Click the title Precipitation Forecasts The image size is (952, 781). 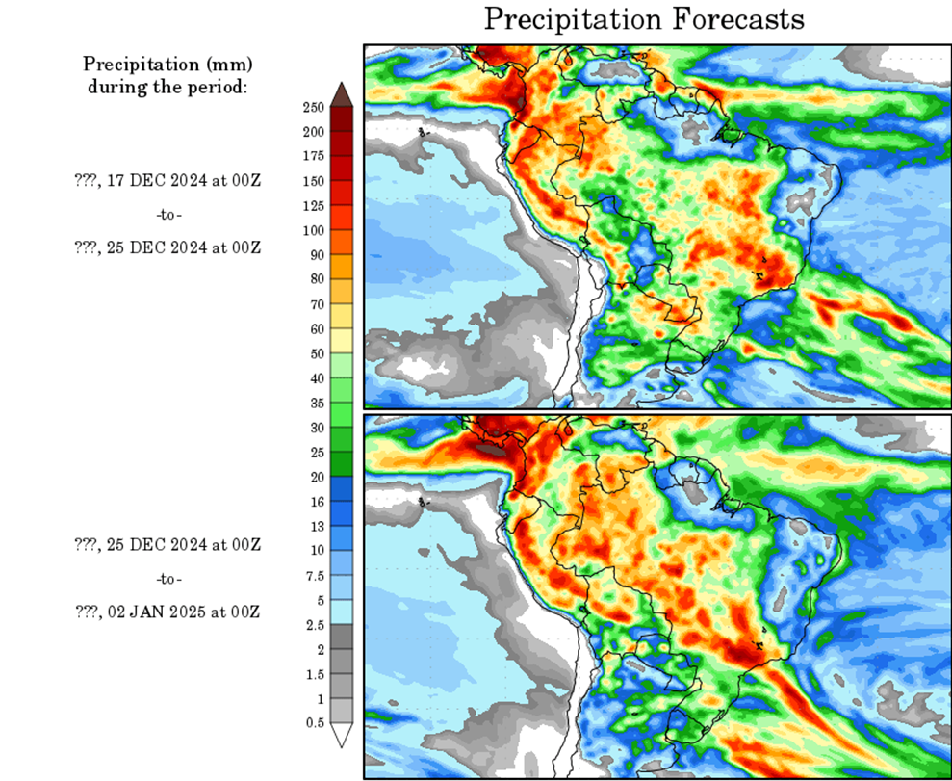point(643,18)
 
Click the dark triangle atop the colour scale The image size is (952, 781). point(342,94)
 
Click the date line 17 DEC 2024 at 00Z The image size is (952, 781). point(167,179)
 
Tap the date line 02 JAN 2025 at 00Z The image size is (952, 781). point(167,612)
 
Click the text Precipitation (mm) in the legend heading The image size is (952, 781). point(167,65)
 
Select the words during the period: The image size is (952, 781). point(167,87)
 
